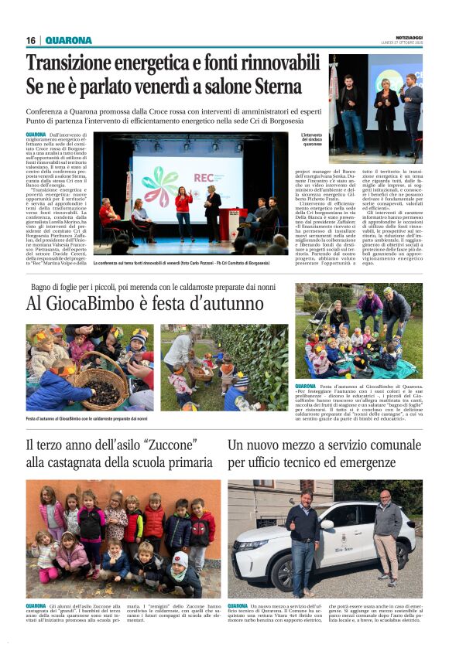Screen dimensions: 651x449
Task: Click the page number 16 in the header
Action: tap(31, 41)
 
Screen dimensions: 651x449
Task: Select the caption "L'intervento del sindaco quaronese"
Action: tap(311, 140)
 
